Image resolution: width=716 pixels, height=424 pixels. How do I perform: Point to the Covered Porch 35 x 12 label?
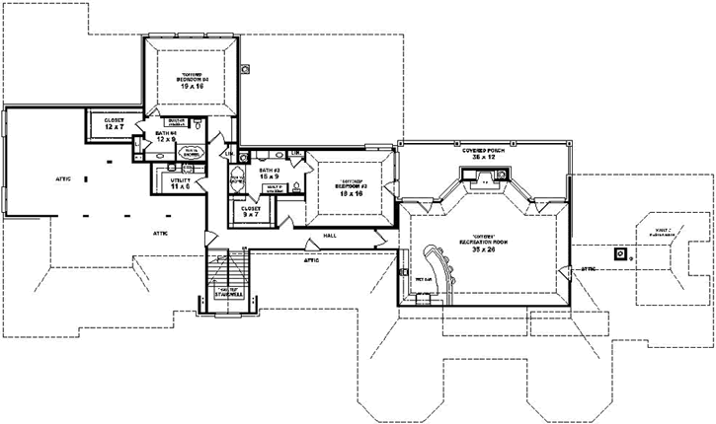tap(484, 154)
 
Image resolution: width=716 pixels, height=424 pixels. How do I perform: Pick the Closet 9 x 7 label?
tap(250, 212)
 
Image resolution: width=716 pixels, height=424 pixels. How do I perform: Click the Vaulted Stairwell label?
tap(229, 293)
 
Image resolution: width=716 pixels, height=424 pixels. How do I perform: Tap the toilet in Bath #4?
tap(197, 124)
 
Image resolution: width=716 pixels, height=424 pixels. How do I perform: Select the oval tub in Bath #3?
tap(237, 181)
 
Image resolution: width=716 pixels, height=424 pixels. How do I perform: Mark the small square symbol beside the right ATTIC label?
tap(620, 252)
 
